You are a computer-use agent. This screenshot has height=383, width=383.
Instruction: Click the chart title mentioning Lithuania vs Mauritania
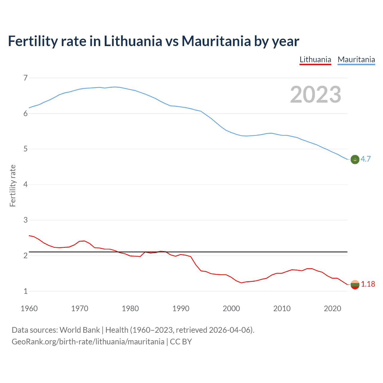[x=153, y=41]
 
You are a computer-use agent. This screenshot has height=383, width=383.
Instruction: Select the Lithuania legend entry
[x=315, y=60]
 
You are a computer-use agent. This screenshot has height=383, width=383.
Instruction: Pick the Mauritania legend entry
[x=356, y=60]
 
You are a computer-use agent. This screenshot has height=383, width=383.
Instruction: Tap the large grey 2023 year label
[x=315, y=95]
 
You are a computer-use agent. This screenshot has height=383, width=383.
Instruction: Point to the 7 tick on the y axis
[x=25, y=78]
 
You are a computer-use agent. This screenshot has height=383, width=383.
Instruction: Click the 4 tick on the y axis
[x=25, y=185]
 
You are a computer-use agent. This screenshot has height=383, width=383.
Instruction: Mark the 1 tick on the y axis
[x=25, y=291]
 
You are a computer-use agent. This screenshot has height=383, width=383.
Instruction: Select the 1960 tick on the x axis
[x=29, y=308]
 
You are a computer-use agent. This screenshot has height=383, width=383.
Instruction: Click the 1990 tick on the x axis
[x=181, y=308]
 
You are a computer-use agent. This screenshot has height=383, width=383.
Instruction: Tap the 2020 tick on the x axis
[x=332, y=308]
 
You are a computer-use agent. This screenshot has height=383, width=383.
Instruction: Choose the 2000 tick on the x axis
[x=231, y=308]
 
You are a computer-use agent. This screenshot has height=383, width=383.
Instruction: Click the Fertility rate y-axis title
[x=13, y=186]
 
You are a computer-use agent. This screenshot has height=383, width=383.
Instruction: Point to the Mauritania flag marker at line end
[x=355, y=159]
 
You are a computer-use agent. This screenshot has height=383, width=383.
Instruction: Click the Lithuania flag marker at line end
[x=355, y=285]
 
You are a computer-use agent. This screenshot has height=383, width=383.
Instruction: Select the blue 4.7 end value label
[x=366, y=159]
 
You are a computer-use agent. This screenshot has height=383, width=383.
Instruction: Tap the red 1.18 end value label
[x=368, y=284]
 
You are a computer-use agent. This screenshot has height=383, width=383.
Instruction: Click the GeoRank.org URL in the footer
[x=88, y=342]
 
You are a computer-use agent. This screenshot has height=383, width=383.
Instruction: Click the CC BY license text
[x=181, y=342]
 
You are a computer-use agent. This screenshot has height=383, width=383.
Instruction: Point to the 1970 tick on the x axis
[x=80, y=308]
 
